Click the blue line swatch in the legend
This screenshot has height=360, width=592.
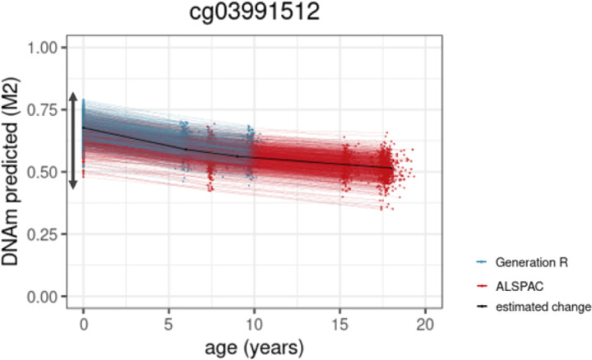click(483, 262)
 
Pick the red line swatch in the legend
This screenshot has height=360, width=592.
click(483, 284)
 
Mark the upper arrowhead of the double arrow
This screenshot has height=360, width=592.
click(72, 97)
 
